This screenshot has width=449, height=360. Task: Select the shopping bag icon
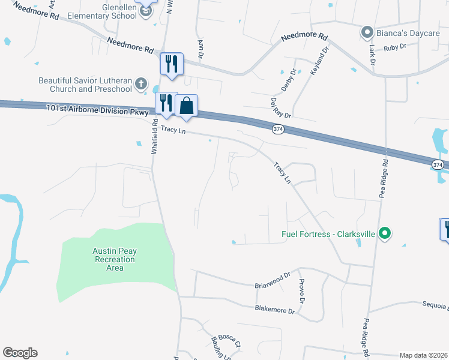pyautogui.click(x=186, y=106)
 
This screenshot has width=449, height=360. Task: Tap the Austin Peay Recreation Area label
pyautogui.click(x=113, y=259)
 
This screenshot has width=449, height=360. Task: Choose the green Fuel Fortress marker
pyautogui.click(x=385, y=233)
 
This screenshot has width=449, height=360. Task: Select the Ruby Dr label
pyautogui.click(x=394, y=46)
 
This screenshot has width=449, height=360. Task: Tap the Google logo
pyautogui.click(x=20, y=353)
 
